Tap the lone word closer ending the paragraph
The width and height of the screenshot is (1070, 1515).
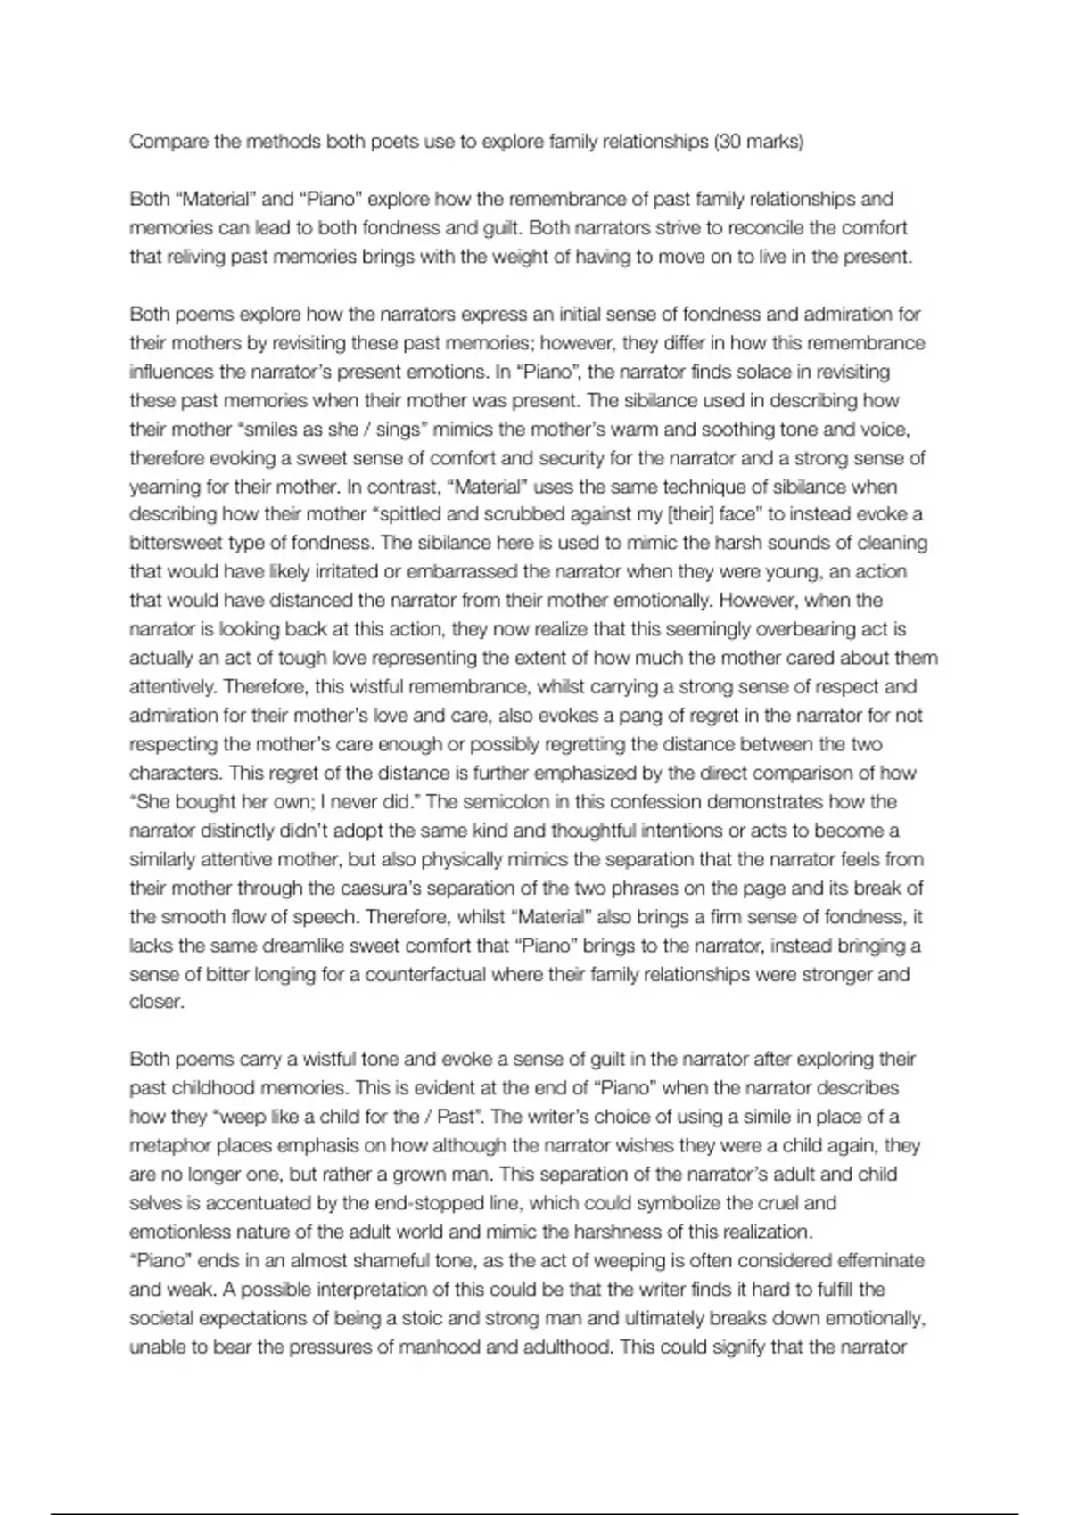click(x=157, y=1002)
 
